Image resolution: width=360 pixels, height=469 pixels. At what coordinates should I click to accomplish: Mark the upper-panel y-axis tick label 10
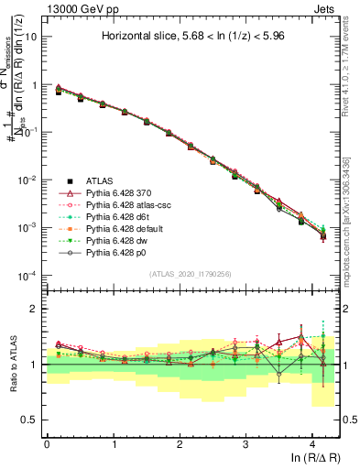[29, 38]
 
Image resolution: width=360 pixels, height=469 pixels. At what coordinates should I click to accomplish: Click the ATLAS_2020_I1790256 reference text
[191, 275]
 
